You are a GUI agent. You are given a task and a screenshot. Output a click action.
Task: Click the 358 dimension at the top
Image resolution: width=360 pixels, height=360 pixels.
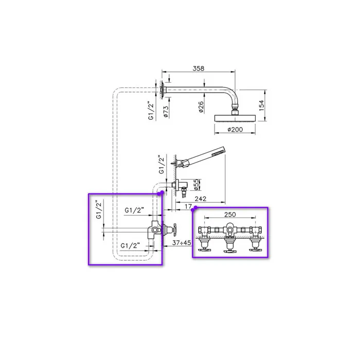click(x=199, y=68)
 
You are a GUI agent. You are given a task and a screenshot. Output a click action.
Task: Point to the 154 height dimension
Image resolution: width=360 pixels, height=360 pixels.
click(x=261, y=105)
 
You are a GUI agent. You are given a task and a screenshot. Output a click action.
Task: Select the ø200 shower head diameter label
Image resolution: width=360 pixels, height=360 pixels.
click(x=235, y=130)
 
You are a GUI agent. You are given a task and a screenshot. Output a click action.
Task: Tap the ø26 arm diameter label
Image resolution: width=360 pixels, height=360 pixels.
click(x=201, y=107)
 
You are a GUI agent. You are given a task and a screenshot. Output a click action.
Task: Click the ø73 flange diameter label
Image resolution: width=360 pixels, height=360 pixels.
click(x=166, y=111)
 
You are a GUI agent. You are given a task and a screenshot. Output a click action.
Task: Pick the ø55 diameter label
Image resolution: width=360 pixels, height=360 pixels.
click(x=196, y=185)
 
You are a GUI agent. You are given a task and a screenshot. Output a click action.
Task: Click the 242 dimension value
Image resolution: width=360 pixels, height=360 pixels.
click(x=201, y=199)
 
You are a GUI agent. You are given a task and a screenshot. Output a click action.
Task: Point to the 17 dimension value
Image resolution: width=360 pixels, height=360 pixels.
click(x=188, y=207)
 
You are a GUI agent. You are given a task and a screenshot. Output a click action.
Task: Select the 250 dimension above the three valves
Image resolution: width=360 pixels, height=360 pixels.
click(x=230, y=214)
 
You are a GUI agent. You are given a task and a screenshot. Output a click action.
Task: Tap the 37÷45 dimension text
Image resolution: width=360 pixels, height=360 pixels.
click(x=182, y=243)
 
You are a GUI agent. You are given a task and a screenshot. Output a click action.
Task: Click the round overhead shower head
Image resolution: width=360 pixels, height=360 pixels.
click(x=235, y=118)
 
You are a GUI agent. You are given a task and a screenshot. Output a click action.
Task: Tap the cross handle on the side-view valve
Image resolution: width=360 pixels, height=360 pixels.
click(x=175, y=229)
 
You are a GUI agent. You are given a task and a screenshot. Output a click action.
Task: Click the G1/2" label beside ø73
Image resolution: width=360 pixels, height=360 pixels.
click(x=151, y=111)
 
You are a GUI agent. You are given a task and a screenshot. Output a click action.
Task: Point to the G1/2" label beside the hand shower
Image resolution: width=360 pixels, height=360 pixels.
click(x=161, y=165)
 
